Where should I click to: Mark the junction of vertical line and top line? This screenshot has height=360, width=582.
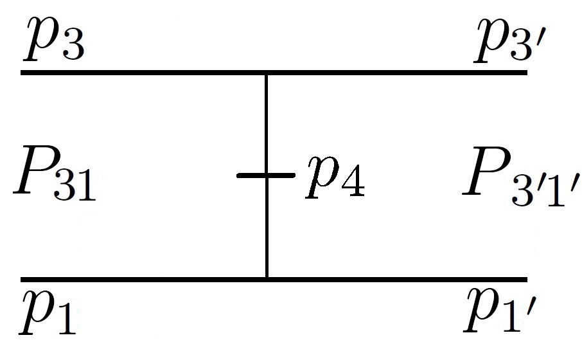[266, 73]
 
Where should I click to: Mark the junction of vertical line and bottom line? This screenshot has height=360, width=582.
[266, 280]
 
